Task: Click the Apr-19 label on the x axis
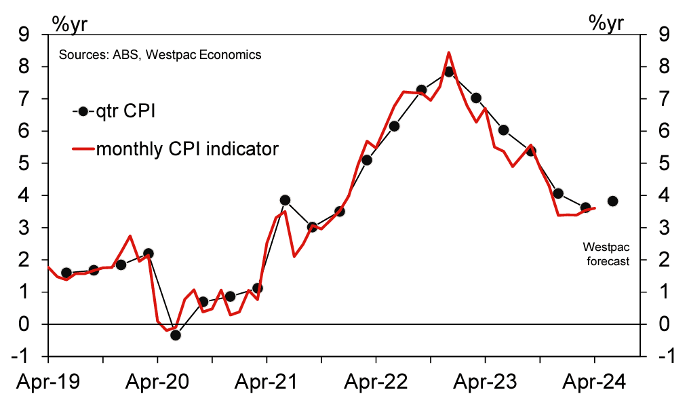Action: pos(50,383)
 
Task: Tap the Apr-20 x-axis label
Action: pos(159,383)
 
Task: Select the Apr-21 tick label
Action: pos(268,383)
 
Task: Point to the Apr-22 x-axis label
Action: pos(377,383)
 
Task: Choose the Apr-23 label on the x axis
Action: pos(486,383)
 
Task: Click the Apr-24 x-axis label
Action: pos(595,383)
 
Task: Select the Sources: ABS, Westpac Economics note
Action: pos(160,55)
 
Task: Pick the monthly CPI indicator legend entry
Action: pos(175,149)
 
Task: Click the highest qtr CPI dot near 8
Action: pos(448,72)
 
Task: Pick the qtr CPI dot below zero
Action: pos(176,334)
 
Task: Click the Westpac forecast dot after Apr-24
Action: pos(612,201)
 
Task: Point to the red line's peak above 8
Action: pos(449,52)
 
